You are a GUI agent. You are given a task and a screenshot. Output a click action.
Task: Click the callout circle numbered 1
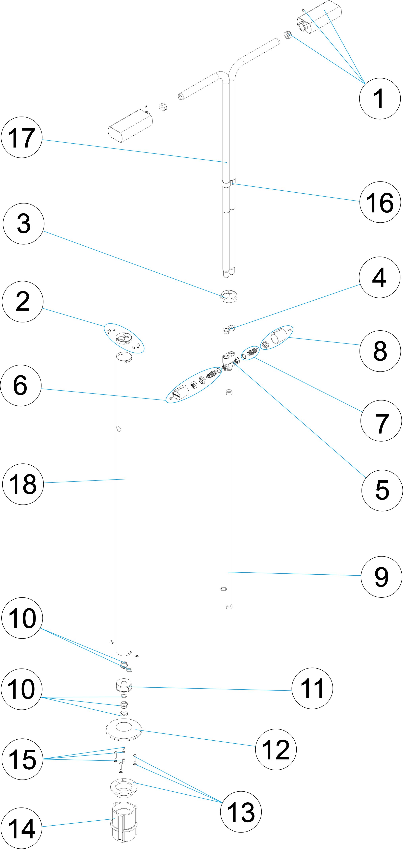380,98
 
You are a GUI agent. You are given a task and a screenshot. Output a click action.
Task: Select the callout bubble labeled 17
22,137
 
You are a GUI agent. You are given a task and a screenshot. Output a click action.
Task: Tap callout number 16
380,202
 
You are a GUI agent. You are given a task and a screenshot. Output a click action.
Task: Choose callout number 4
379,278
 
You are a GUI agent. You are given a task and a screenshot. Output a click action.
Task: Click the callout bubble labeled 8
380,351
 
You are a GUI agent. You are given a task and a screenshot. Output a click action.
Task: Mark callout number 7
381,421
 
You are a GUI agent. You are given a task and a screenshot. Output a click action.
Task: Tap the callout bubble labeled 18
23,484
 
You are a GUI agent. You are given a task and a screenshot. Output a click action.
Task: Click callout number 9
381,577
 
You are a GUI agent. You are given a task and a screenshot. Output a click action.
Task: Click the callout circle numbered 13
241,812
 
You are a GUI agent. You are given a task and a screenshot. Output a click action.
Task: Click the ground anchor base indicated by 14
124,822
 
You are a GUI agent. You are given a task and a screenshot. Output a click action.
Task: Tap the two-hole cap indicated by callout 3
229,296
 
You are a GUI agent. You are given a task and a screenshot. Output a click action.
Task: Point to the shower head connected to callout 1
320,16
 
